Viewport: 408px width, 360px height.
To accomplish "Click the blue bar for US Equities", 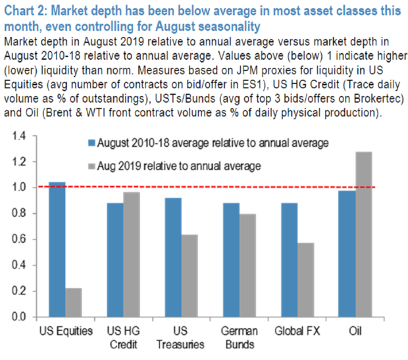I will (57, 249).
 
